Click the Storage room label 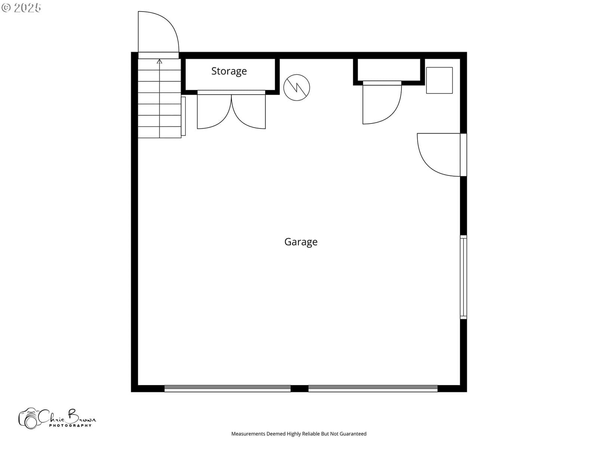229,71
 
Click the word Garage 301,242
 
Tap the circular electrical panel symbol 296,88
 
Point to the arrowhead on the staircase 159,62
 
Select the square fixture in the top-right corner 439,80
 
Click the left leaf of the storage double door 214,112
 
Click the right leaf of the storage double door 249,112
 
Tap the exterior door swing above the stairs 158,32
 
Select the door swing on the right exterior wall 439,155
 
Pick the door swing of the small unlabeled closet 382,104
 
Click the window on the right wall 463,277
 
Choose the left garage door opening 227,388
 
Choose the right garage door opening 373,388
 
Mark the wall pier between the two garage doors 299,388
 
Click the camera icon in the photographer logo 30,418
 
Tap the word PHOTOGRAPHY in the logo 70,425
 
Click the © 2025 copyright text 21,7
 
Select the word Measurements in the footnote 248,433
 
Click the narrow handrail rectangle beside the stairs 184,116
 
